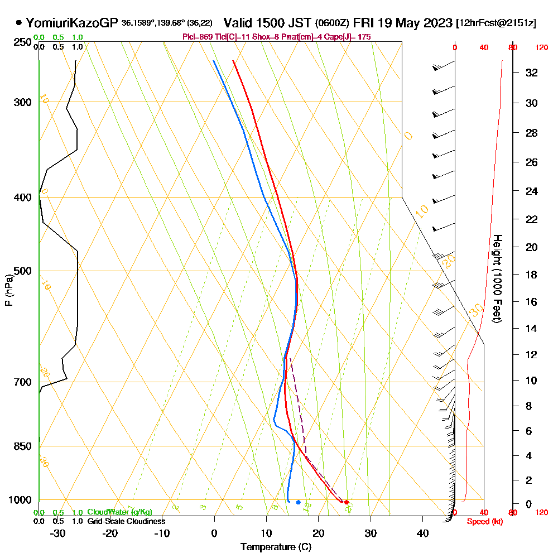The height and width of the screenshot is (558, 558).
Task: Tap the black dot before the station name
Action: click(19, 23)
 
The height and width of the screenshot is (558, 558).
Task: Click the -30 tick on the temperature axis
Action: click(58, 533)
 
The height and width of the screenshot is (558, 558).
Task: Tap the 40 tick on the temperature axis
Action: click(422, 533)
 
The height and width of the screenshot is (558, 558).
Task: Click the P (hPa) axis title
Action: click(8, 290)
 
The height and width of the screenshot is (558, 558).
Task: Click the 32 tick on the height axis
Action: click(532, 73)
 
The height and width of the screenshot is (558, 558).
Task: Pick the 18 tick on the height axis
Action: click(532, 275)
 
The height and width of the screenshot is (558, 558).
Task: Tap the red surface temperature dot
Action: click(347, 502)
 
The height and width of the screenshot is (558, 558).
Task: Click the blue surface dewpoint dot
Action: click(299, 502)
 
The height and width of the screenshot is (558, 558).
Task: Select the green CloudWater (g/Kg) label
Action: click(119, 512)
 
